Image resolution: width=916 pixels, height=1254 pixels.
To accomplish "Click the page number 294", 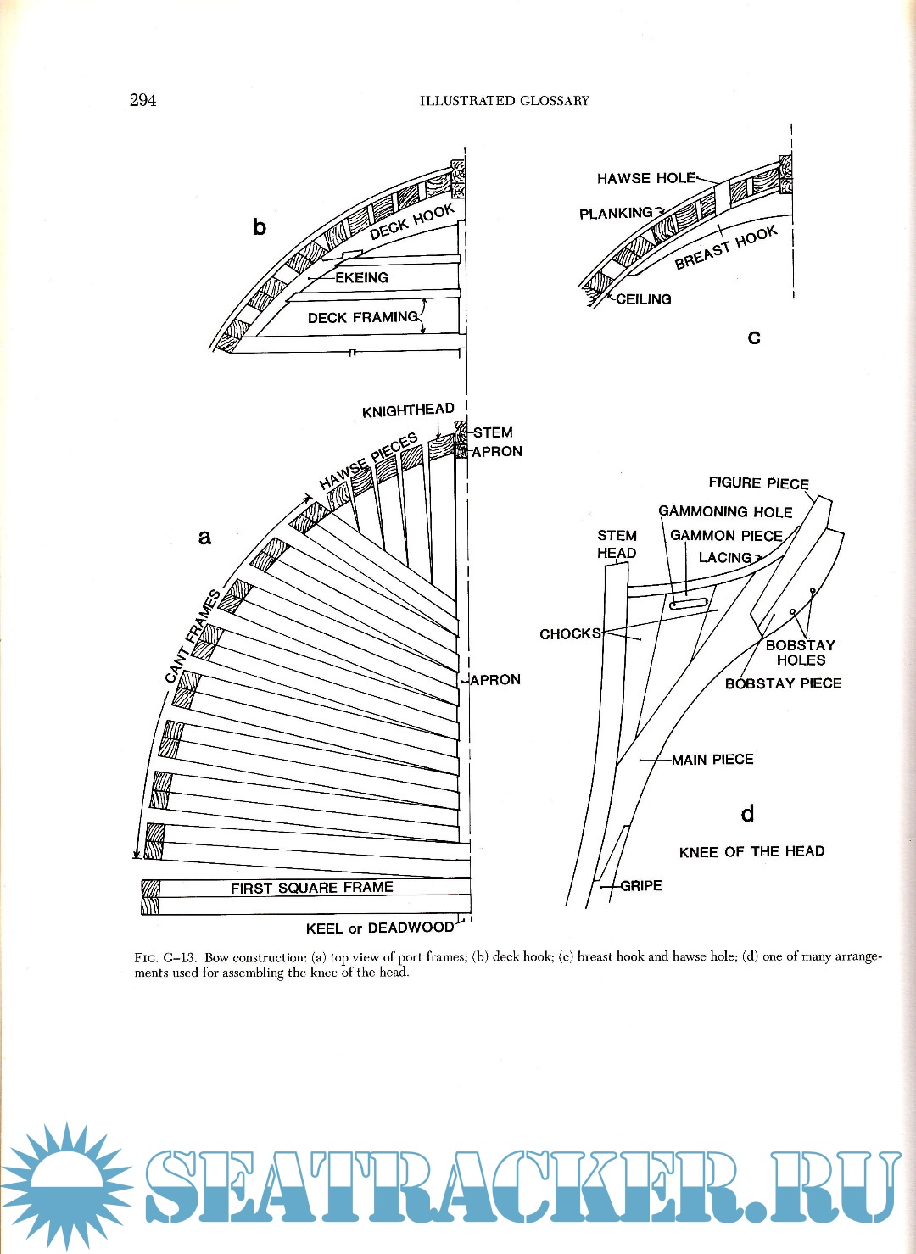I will (x=142, y=100).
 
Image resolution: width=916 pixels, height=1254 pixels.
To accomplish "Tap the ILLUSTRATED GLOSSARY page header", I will (x=504, y=101).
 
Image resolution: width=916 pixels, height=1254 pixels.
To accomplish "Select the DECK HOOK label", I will (x=412, y=221).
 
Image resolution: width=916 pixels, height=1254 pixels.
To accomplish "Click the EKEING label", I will (x=361, y=277).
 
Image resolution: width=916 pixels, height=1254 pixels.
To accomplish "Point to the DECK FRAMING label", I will (x=363, y=317).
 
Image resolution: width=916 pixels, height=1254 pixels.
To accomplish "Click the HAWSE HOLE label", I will (x=645, y=178).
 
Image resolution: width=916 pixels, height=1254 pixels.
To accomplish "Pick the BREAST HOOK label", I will (x=726, y=248).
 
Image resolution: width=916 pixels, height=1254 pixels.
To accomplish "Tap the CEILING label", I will (x=643, y=299).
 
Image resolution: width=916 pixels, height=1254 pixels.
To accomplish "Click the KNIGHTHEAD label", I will (x=408, y=410).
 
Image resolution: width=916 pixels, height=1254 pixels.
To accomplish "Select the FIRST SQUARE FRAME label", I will (x=311, y=888).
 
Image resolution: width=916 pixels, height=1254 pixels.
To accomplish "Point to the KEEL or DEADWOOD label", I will (x=379, y=928).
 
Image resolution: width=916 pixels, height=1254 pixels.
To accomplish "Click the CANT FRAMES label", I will (x=193, y=635).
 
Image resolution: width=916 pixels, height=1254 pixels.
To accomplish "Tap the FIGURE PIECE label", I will (x=758, y=483).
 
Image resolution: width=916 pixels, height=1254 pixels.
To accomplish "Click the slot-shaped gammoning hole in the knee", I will (x=688, y=604).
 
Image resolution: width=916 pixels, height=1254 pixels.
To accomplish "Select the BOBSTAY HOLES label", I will (x=800, y=652).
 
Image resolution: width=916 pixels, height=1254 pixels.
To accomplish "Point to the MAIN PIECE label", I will (x=712, y=760).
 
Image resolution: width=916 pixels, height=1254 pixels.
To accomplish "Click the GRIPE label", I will (x=640, y=885).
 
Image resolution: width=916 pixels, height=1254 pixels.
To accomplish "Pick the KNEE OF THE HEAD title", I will (x=751, y=851).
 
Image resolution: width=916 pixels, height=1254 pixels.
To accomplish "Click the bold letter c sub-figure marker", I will (x=753, y=337).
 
